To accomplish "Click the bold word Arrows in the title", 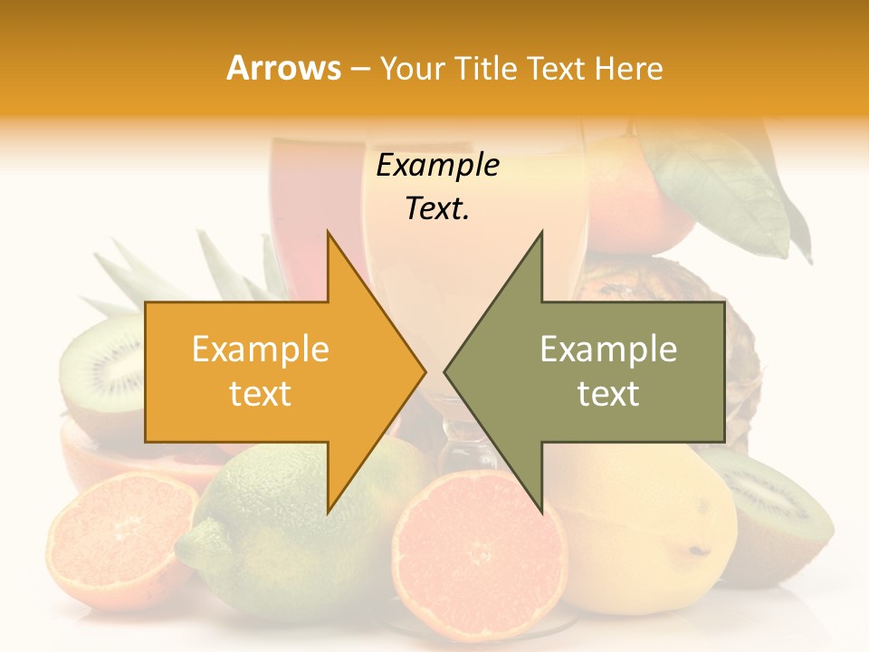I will [x=283, y=68].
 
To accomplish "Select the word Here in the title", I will [x=628, y=68].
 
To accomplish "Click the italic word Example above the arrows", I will [x=437, y=166].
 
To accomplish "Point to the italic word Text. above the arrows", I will [x=437, y=208].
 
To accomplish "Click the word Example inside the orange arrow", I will [x=261, y=350].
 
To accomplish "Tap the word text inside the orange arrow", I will [x=261, y=393].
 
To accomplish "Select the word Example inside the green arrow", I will [x=608, y=350].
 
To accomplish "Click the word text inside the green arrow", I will [x=608, y=393].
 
